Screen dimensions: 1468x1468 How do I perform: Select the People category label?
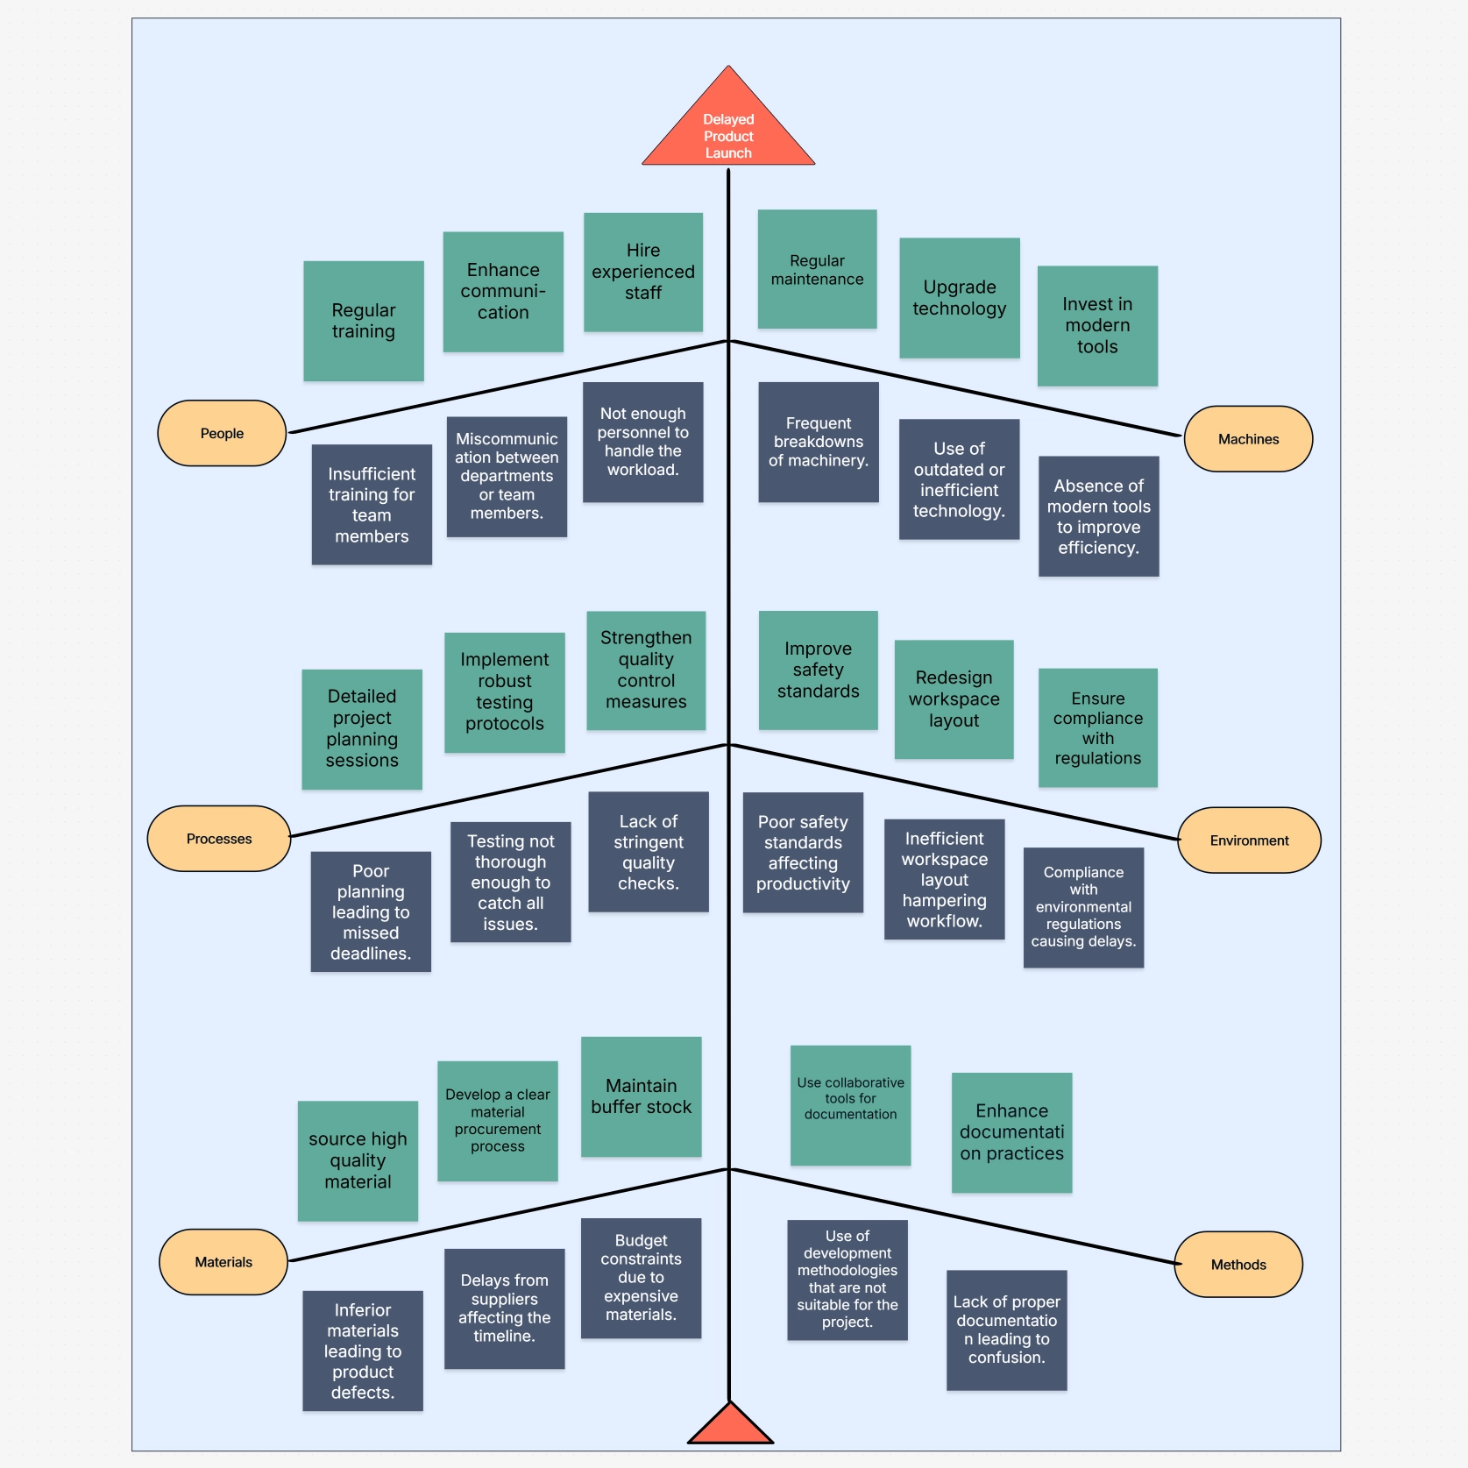222,433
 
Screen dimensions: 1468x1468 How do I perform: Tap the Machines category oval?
1248,439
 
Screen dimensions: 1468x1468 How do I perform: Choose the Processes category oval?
219,839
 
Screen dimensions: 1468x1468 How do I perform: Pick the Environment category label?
1249,840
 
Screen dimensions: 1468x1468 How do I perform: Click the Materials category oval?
223,1262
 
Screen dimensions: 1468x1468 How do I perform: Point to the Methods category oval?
1238,1265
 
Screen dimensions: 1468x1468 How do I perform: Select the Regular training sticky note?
364,321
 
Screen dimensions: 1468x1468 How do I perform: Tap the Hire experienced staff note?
643,272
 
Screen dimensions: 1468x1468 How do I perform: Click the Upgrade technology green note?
960,298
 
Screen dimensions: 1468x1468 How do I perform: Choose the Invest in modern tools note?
1097,326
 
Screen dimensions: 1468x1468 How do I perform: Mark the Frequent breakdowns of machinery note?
819,442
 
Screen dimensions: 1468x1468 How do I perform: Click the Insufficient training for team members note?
372,505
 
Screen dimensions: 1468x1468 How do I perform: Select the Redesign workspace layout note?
954,699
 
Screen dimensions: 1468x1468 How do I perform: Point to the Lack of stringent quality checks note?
649,852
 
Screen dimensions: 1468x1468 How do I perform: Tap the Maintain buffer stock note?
642,1096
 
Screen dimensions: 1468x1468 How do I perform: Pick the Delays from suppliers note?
505,1308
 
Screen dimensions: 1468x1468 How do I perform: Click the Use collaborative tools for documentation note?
850,1105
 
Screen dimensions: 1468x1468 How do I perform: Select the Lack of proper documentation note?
1007,1330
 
